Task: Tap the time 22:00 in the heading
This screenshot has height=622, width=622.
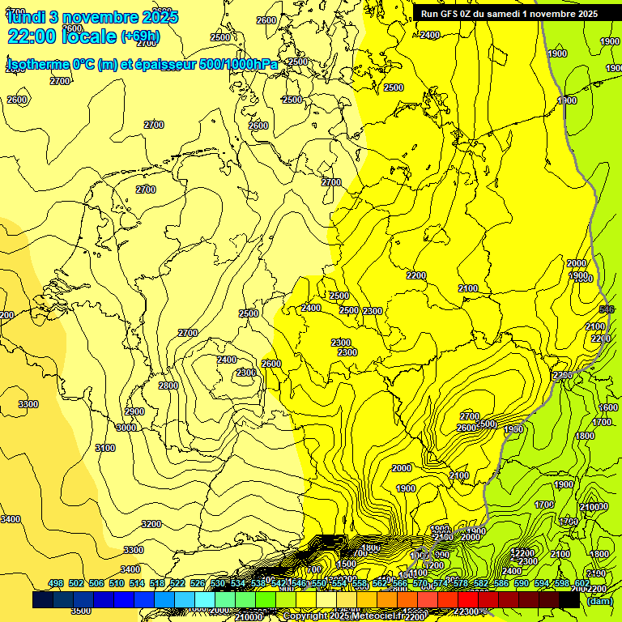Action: (33, 36)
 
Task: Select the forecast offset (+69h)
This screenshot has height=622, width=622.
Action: (140, 36)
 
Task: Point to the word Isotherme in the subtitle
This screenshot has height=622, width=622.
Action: (37, 65)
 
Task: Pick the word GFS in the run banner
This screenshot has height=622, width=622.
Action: (454, 13)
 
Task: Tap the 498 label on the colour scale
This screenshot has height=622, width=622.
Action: (56, 583)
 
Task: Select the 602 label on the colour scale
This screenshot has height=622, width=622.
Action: (582, 583)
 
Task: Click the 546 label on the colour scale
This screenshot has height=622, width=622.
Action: (299, 583)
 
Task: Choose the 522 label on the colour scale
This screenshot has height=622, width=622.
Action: (177, 583)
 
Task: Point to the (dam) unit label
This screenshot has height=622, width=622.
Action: (600, 600)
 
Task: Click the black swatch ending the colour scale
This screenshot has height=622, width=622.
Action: (569, 600)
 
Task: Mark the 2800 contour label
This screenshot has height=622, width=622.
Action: (168, 386)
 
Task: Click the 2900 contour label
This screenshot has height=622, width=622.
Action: (134, 411)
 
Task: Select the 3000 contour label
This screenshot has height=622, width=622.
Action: (126, 428)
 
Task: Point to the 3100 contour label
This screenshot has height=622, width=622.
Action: (105, 448)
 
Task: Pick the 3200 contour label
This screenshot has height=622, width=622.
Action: (151, 524)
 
